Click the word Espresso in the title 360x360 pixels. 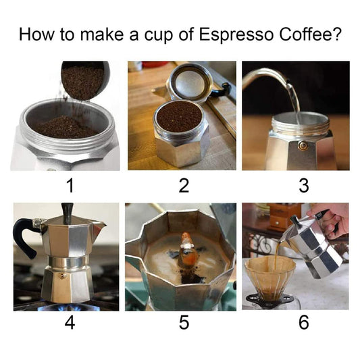[236, 34]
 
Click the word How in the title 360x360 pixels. [36, 34]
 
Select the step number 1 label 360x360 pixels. [70, 186]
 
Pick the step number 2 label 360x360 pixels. [184, 186]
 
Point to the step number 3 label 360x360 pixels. [304, 186]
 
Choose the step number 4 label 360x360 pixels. [70, 323]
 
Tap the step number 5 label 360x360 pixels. [184, 323]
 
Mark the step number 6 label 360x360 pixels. [304, 322]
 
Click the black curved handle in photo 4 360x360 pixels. [24, 236]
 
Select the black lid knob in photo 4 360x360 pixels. [68, 213]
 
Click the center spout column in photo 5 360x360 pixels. [188, 253]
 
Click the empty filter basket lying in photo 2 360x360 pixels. [189, 82]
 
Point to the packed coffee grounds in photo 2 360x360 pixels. [179, 116]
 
